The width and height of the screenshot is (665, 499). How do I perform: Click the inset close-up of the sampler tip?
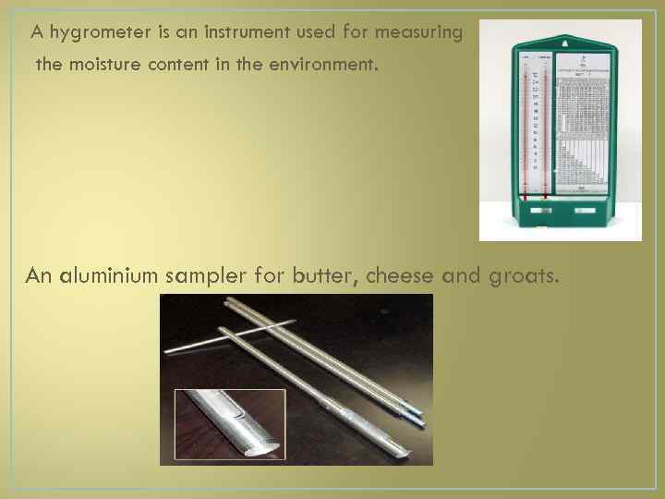coord(230,424)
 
